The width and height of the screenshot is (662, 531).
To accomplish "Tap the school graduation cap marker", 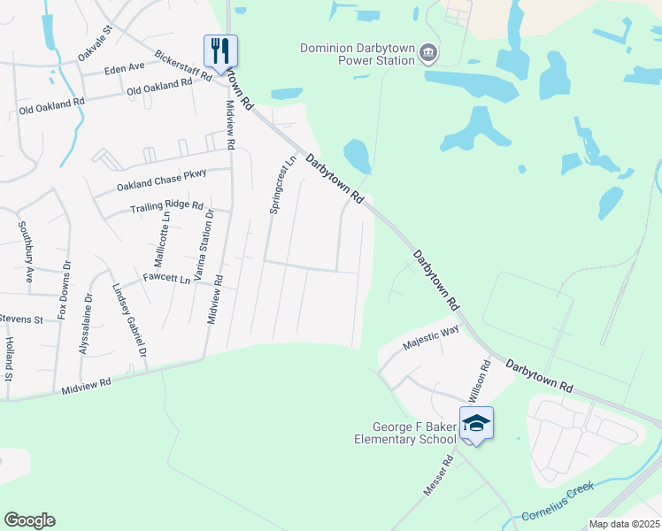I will click(475, 423).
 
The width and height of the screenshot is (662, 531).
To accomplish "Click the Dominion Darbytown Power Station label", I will click(358, 54).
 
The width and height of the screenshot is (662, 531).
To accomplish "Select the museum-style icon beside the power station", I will click(428, 54).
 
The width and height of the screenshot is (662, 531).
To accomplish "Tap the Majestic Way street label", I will click(431, 336).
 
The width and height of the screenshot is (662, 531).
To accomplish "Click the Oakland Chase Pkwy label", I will click(161, 181).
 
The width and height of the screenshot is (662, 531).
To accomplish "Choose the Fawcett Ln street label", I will click(166, 280).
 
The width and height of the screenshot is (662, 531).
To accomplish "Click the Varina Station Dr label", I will click(203, 245).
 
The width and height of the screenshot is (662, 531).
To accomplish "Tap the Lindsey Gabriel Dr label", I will click(128, 320).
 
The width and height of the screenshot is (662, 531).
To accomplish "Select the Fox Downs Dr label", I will click(63, 290).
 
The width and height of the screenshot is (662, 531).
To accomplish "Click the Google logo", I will click(29, 520).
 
